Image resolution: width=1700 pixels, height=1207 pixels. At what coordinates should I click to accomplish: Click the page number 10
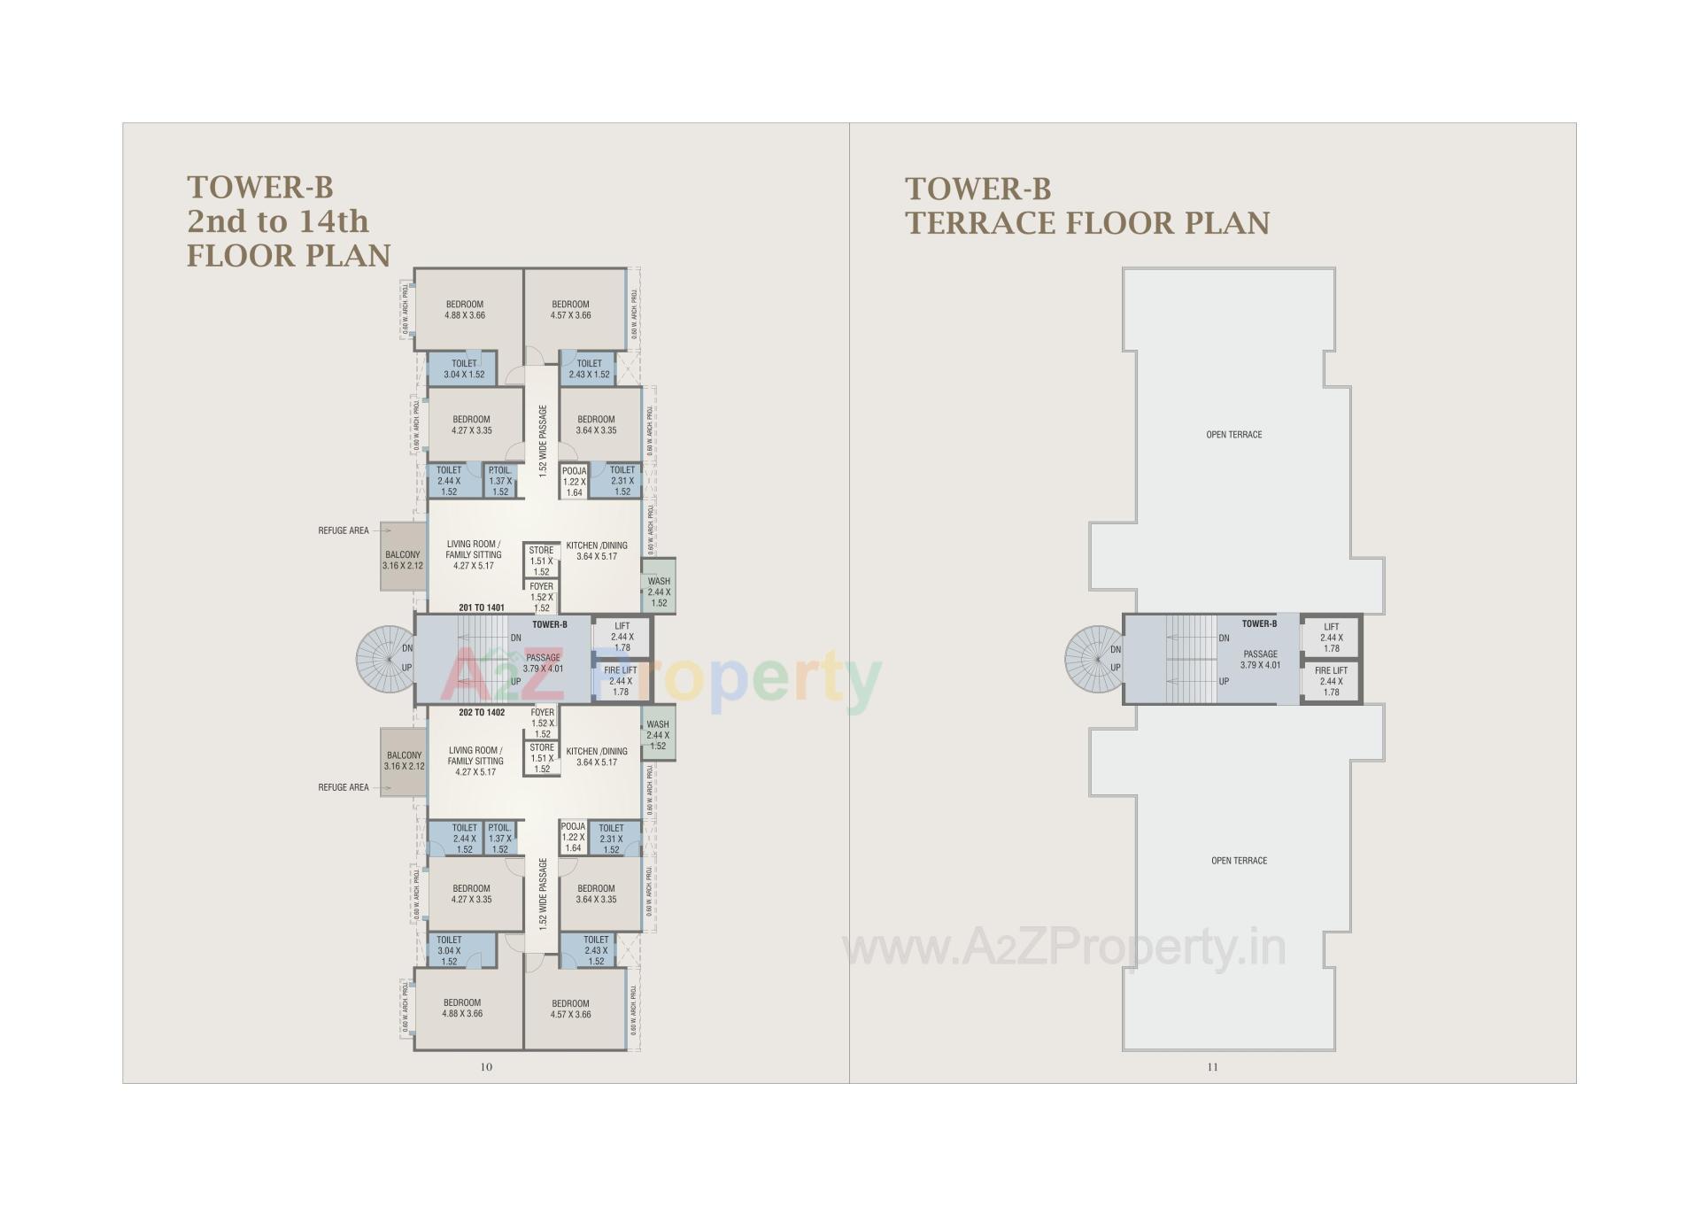tap(486, 1067)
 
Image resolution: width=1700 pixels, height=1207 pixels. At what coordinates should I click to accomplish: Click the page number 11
tap(1212, 1067)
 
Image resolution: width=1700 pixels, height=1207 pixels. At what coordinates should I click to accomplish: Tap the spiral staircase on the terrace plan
tap(1093, 658)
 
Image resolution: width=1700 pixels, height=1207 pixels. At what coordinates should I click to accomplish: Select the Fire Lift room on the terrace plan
tap(1331, 681)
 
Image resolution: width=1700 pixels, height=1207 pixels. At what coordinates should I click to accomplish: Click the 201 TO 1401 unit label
tap(482, 607)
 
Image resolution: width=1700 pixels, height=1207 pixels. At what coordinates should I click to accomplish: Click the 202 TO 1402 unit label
tap(482, 712)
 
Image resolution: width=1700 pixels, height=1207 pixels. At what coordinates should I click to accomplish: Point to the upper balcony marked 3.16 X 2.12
tap(403, 560)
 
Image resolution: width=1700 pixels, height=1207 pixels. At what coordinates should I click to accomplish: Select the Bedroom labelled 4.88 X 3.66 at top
tap(466, 310)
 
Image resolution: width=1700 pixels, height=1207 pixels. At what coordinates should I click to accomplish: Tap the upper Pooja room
tap(574, 482)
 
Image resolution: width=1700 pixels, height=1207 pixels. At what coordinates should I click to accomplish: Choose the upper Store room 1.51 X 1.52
tap(541, 561)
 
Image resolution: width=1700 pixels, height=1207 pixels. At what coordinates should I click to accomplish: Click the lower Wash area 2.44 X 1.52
tap(658, 735)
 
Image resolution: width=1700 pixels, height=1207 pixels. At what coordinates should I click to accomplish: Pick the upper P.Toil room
tap(500, 481)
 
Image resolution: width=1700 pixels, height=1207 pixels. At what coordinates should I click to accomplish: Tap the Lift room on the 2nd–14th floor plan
tap(622, 636)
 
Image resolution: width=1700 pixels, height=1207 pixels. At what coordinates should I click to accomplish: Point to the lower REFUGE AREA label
tap(344, 787)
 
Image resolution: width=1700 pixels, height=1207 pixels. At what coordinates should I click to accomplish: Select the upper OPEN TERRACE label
tap(1233, 435)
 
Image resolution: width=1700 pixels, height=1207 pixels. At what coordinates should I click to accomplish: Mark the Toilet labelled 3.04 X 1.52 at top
tap(464, 369)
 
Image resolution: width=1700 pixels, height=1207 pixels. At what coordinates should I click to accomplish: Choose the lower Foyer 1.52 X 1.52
tap(543, 723)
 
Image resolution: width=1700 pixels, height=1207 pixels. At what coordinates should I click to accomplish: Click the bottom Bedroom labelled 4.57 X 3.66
tap(570, 1010)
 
